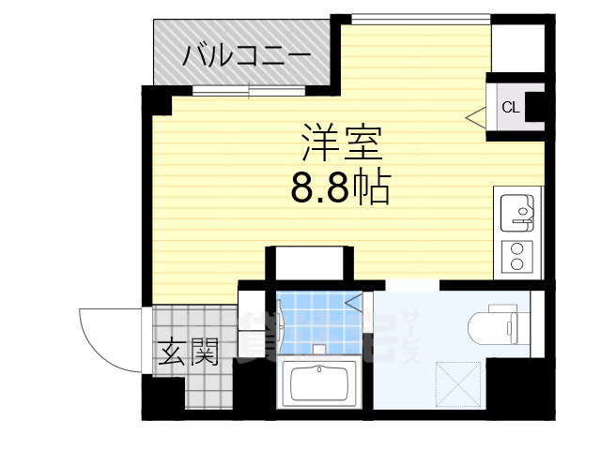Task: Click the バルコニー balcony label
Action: (x=246, y=54)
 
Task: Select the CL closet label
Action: (x=510, y=107)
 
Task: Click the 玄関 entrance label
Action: (x=188, y=353)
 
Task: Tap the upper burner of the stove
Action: (x=516, y=247)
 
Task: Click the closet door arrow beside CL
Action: (x=477, y=117)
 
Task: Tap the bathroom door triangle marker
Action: (x=355, y=302)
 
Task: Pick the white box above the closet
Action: (x=517, y=46)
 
